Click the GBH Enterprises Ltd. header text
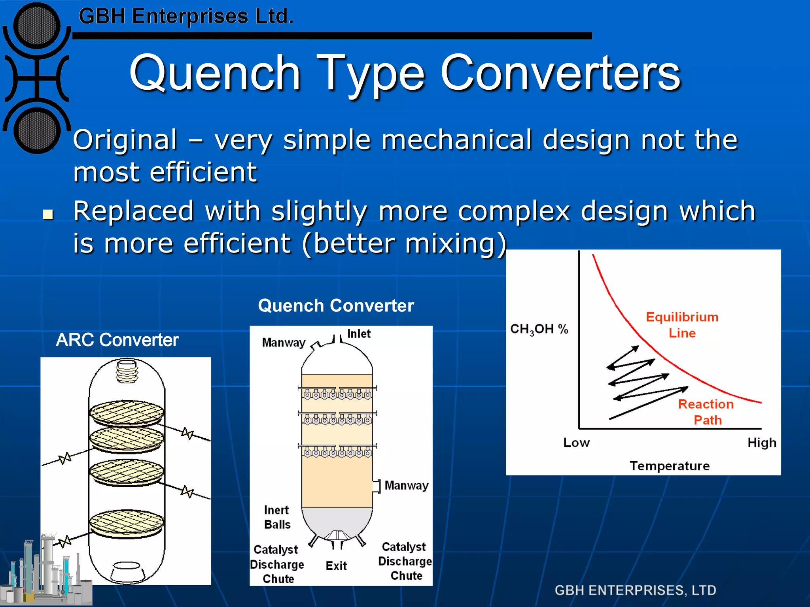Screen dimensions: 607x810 coord(186,17)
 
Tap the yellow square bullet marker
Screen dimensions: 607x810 coord(48,215)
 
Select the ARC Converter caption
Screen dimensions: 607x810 coord(117,340)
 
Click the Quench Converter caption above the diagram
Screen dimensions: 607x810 coord(336,305)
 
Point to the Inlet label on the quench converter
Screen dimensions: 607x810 coord(359,334)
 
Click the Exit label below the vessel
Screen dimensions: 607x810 coord(336,566)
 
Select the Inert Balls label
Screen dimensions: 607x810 coord(277,517)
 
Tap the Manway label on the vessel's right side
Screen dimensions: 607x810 coord(406,485)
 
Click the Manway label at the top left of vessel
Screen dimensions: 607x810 coord(284,342)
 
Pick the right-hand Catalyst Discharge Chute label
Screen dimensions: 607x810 coord(405,561)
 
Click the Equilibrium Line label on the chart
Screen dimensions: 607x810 coord(682,325)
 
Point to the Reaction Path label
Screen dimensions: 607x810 coord(706,412)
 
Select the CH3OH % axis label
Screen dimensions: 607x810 coord(539,329)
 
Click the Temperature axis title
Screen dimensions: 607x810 coord(669,466)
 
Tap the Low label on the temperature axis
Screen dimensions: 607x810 coord(576,443)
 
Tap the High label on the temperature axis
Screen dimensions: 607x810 coord(761,443)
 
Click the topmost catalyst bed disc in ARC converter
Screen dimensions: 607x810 coord(127,413)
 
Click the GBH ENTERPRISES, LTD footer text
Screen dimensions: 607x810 coord(635,590)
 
